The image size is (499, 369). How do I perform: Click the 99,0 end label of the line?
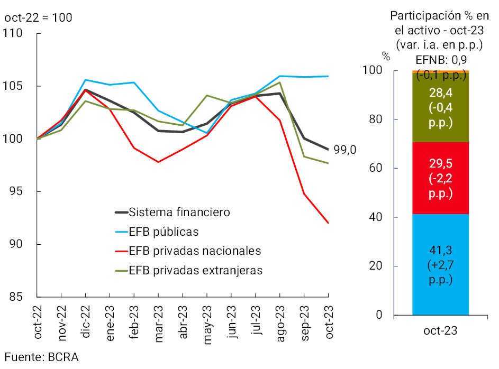pos(346,150)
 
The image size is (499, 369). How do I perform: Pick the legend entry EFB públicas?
pos(164,232)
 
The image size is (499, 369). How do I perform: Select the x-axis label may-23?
pos(207,323)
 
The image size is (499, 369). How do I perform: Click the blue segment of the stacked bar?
pos(440,264)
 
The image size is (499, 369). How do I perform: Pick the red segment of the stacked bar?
pos(440,178)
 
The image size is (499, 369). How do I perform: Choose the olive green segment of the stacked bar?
pos(440,108)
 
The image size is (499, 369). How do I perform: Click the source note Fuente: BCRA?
pos(42,357)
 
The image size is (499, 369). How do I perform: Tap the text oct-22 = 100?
pos(38,17)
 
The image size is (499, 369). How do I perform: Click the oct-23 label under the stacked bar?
pos(440,331)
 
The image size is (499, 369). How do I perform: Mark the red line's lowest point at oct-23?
pos(329,223)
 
